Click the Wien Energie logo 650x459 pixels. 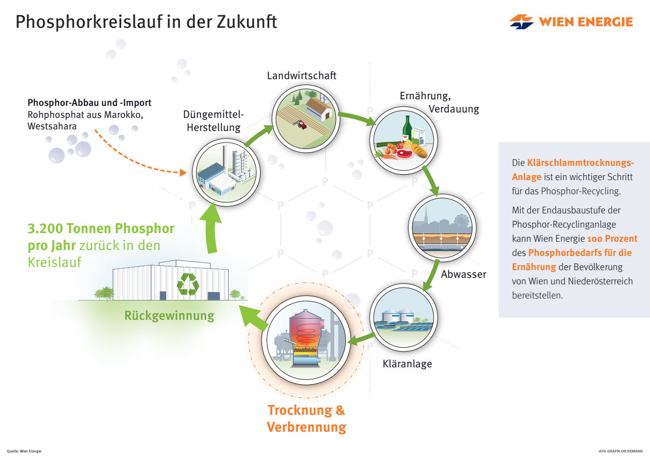coord(571,22)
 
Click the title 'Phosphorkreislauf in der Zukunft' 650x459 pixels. coord(146,22)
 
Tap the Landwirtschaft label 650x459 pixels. coord(302,75)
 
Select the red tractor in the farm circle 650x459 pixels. coord(300,124)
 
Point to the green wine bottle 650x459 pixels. coord(407,130)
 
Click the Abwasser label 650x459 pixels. coord(463,274)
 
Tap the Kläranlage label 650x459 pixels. coord(407,363)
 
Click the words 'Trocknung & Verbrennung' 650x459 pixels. coord(306,418)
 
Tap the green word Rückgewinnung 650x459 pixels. coord(169,315)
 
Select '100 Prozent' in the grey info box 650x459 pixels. coord(612,239)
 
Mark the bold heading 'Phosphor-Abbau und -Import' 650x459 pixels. coord(90,103)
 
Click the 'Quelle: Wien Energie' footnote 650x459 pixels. coord(24,451)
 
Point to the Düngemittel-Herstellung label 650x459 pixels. coord(213,121)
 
